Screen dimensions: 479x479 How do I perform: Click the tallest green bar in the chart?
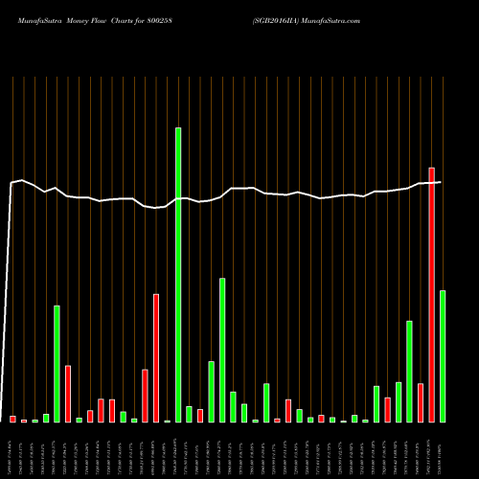178,274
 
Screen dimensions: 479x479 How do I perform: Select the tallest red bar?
432,295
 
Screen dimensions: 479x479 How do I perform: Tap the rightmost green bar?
443,355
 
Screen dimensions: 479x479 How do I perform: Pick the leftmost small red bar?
12,419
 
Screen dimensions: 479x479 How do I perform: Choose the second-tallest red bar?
156,357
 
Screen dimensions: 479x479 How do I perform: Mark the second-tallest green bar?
222,350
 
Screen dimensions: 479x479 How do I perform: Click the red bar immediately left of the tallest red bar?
421,402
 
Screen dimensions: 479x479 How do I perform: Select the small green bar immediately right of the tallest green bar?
189,414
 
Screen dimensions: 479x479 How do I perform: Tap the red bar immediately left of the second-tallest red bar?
145,396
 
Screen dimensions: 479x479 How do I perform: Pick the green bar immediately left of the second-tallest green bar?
211,391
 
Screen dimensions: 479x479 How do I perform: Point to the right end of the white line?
441,182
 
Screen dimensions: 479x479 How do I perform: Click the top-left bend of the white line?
12,182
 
